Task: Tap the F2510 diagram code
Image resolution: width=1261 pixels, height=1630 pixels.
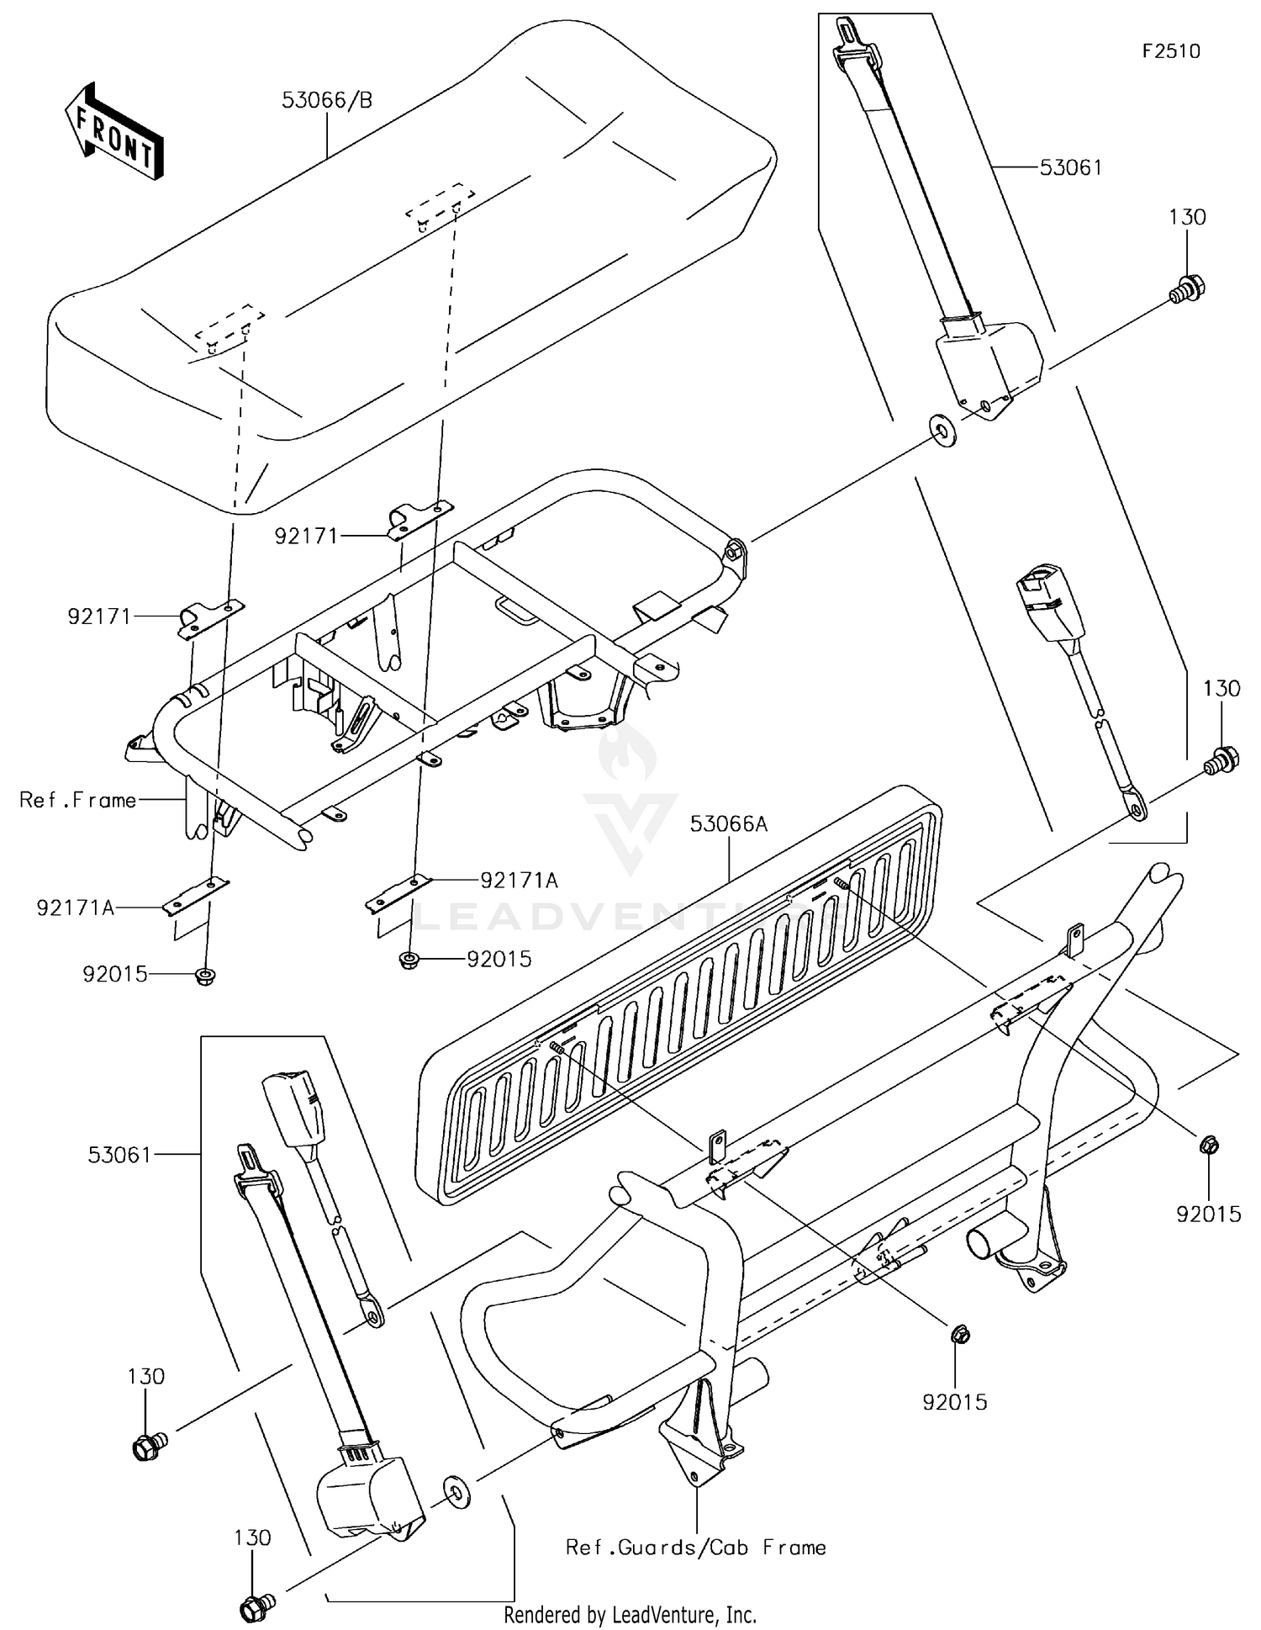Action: coord(1171,51)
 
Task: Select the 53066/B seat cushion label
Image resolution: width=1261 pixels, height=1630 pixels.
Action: coord(327,101)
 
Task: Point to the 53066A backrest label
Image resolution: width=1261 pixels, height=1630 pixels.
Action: coord(729,824)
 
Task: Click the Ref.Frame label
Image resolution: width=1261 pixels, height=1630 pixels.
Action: coord(78,800)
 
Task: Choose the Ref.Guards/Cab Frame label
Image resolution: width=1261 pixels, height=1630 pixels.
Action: coord(696,1548)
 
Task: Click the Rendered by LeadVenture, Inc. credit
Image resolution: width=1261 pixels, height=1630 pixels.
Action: coord(630,1615)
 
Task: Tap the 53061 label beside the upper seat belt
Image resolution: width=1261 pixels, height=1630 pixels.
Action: coord(1070,167)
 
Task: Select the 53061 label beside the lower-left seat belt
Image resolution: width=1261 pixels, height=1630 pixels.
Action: coord(119,1155)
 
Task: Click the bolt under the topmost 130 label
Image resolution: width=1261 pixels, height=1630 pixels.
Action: coord(1185,288)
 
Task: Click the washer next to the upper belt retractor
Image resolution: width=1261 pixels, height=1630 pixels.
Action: coord(942,431)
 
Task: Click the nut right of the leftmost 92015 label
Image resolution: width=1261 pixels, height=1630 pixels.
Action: coord(203,976)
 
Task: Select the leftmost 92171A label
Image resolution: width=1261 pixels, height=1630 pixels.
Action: coord(75,908)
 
